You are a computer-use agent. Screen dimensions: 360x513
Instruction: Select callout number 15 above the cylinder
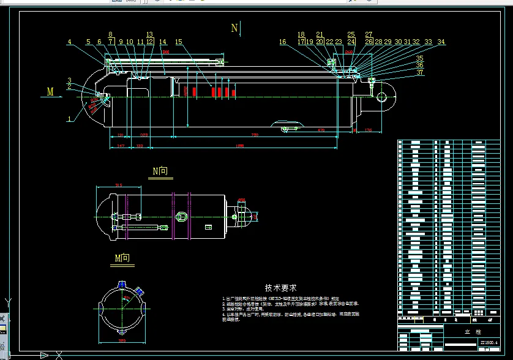click(179, 42)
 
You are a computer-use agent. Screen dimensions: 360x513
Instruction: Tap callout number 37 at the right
click(419, 72)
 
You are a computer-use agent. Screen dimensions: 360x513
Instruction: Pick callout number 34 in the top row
click(441, 42)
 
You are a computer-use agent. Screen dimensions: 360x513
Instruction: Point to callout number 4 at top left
click(70, 42)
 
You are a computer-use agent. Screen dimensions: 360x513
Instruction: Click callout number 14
click(163, 42)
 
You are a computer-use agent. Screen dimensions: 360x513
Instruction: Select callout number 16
click(282, 42)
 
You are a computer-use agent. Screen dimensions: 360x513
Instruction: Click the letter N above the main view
click(234, 28)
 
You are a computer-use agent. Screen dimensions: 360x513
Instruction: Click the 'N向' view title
click(160, 171)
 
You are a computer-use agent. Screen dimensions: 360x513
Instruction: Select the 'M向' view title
click(122, 259)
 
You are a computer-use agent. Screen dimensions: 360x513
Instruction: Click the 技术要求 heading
click(281, 287)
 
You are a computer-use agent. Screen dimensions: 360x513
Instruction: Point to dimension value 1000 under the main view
click(239, 144)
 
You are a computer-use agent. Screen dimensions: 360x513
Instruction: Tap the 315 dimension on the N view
click(119, 186)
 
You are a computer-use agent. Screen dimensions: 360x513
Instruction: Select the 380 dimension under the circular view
click(121, 341)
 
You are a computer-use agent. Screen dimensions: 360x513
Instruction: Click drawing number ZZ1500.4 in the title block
click(489, 342)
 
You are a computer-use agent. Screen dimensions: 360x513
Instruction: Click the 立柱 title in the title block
click(470, 331)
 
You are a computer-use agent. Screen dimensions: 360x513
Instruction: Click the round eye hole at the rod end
click(385, 96)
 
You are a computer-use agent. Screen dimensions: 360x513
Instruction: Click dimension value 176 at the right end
click(368, 130)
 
